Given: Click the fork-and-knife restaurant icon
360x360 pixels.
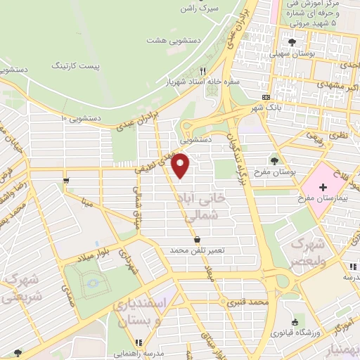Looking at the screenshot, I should click(203, 70).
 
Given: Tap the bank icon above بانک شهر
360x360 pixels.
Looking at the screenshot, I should click(265, 97).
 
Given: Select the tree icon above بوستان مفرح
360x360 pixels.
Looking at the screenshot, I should click(274, 160).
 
